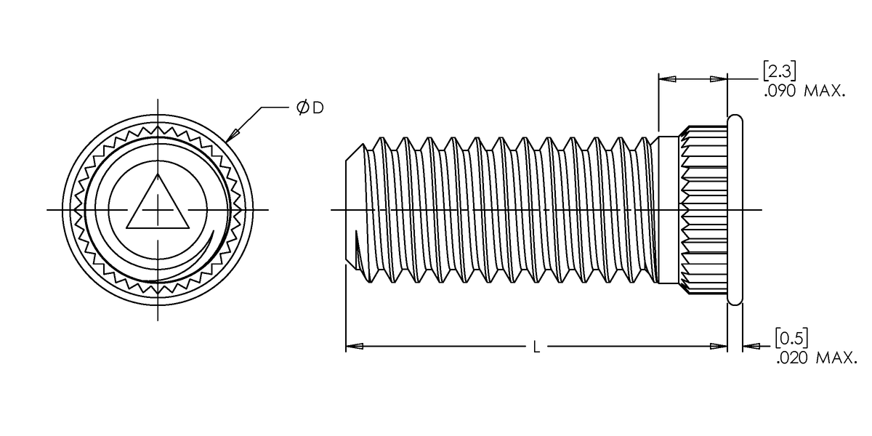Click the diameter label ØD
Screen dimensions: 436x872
pyautogui.click(x=310, y=108)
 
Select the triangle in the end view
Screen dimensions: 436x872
pyautogui.click(x=157, y=206)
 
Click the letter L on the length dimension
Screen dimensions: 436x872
pyautogui.click(x=536, y=348)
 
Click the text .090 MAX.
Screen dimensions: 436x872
pyautogui.click(x=804, y=92)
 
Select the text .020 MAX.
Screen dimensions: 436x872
pyautogui.click(x=816, y=358)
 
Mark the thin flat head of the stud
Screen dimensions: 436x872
pyautogui.click(x=735, y=209)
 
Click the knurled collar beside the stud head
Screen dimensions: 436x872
pyautogui.click(x=703, y=209)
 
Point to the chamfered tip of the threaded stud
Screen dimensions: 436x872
pyautogui.click(x=351, y=209)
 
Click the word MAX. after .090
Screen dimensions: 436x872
pyautogui.click(x=825, y=92)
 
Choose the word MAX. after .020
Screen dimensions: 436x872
pyautogui.click(x=837, y=358)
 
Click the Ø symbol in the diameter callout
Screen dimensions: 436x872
pyautogui.click(x=302, y=108)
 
